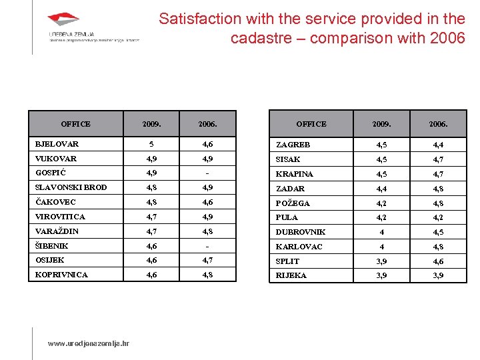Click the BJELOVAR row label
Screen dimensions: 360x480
coord(57,144)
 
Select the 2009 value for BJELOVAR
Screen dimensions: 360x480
coord(151,144)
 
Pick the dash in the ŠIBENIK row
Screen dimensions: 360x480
coord(207,246)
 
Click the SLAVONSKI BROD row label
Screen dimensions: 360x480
coord(71,187)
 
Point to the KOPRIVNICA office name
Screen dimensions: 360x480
coord(61,275)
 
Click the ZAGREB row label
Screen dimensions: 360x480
coord(293,145)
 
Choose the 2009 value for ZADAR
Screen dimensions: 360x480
coord(381,189)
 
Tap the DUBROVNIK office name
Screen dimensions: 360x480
coord(301,232)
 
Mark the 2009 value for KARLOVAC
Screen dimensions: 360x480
coord(381,247)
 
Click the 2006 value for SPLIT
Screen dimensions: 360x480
coord(437,261)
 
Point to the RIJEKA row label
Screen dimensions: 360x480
coord(291,275)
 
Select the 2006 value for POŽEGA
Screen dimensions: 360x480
coord(437,203)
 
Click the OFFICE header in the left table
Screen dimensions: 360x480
coord(75,124)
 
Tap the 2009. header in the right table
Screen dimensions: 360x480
coord(381,124)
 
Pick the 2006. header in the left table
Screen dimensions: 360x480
coord(207,124)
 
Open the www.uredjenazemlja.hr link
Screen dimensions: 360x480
coord(89,344)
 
